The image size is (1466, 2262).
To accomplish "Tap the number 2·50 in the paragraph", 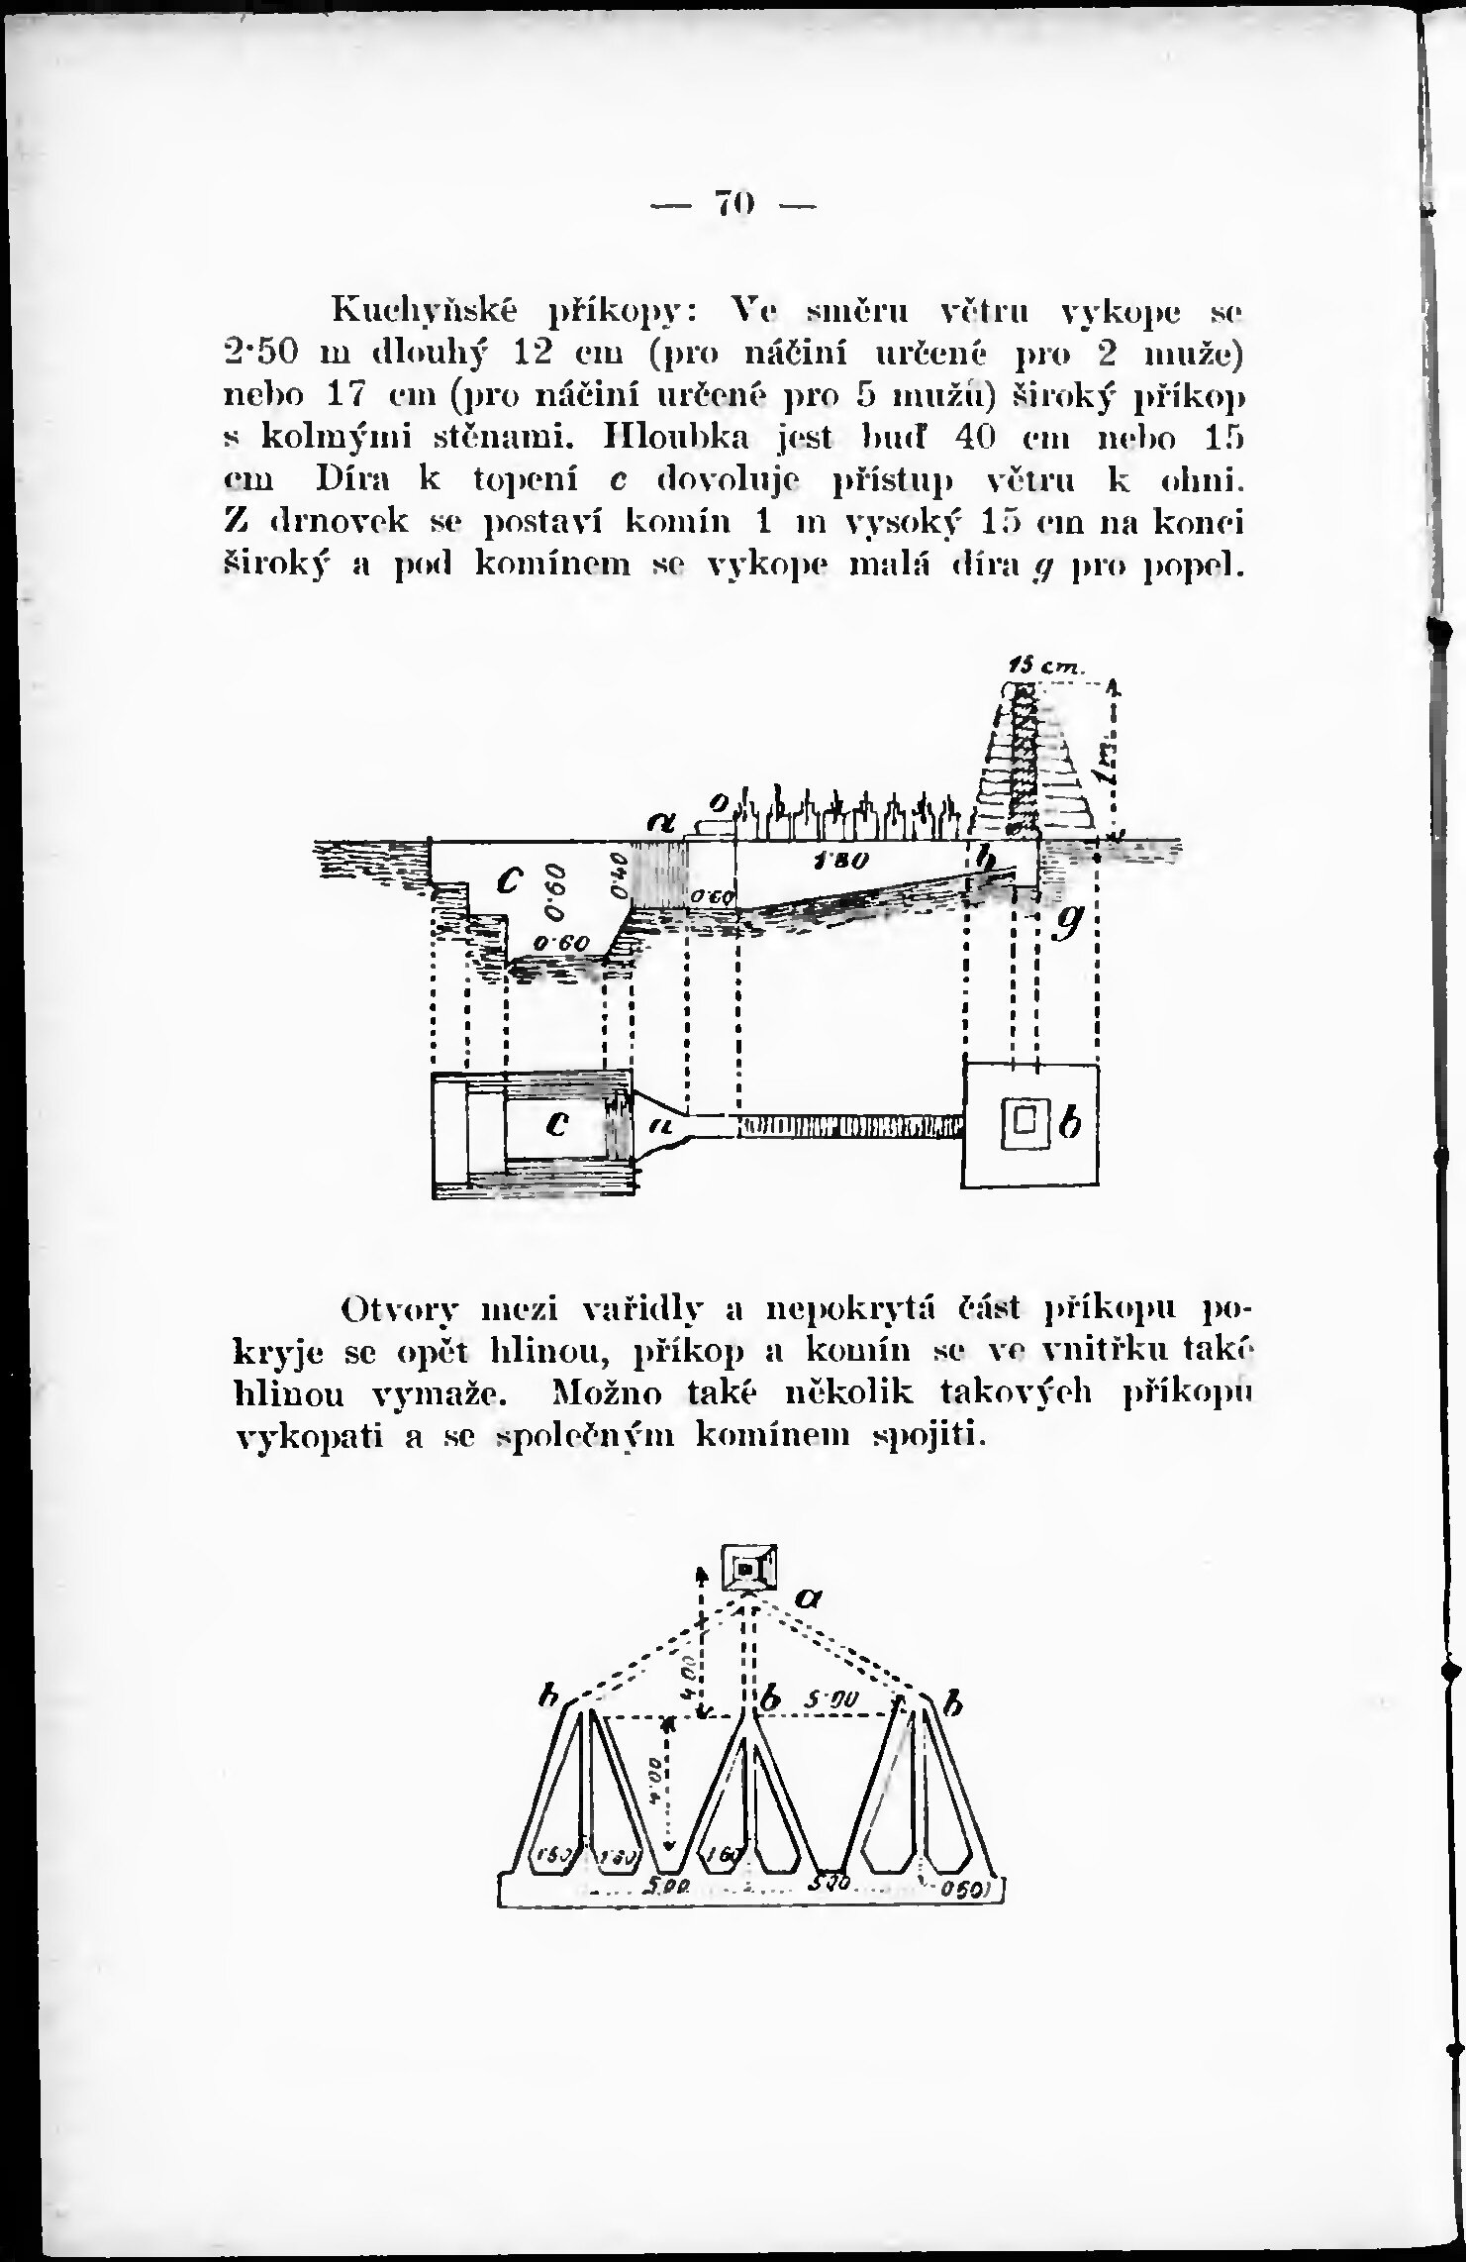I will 259,354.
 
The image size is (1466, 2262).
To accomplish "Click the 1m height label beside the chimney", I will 1110,764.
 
